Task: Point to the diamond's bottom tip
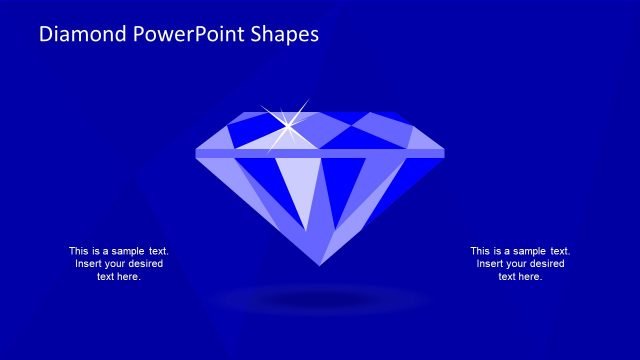click(x=320, y=265)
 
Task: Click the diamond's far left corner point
click(x=196, y=152)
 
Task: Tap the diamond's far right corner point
click(x=444, y=152)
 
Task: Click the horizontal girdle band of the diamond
click(x=320, y=153)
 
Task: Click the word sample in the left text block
click(x=126, y=251)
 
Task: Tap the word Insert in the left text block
click(x=90, y=264)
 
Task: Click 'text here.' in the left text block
click(x=118, y=277)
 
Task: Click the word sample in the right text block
click(x=528, y=251)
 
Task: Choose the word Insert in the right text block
click(x=492, y=264)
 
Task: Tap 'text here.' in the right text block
click(x=520, y=277)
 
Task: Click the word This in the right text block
click(x=481, y=251)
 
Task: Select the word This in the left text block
click(x=79, y=251)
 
